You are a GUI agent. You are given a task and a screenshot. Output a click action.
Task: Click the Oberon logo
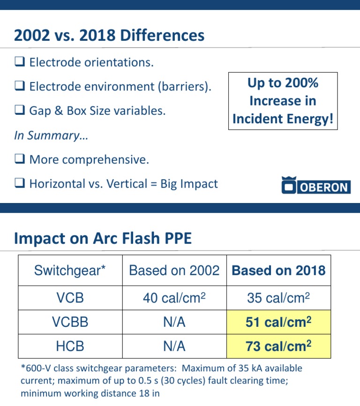coord(315,186)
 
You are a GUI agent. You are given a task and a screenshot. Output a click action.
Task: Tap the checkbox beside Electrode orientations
coord(20,62)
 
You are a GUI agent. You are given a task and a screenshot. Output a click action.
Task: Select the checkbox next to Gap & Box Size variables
coord(20,111)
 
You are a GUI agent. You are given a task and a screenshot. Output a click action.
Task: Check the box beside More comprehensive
coord(20,159)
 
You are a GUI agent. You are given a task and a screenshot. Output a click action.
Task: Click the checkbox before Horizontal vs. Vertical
coord(20,184)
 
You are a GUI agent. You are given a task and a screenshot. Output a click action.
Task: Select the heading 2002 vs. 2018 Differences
coord(109,36)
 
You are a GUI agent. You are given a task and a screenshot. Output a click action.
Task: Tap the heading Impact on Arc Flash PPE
coord(103,239)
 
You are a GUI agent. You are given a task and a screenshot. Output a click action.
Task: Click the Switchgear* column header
coord(70,271)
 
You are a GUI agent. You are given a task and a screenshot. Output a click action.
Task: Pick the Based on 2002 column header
coord(174,271)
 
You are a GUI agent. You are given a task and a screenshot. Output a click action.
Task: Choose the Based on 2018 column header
coord(278,271)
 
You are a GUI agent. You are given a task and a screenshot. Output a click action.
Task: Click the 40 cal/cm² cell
coord(174,298)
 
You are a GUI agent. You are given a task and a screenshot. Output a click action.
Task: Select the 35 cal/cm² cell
coord(278,298)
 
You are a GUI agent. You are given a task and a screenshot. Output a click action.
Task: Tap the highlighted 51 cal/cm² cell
coord(278,322)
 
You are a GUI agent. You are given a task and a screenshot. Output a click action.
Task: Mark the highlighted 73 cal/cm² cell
coord(278,346)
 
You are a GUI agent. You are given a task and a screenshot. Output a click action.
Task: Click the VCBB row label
coord(70,322)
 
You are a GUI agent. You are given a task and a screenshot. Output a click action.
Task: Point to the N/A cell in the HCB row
coord(174,346)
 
